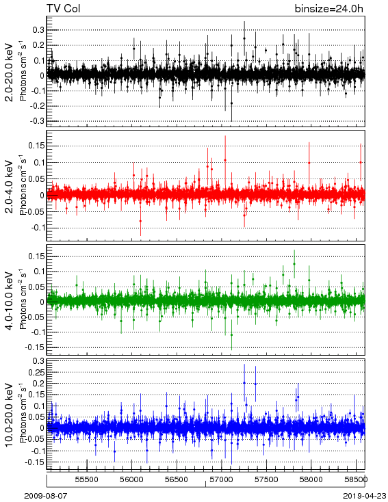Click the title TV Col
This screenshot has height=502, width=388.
[x=63, y=8]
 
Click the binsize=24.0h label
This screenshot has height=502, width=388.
[x=329, y=9]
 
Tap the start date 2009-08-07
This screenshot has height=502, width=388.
[x=45, y=496]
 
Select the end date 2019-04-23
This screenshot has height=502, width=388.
[x=365, y=496]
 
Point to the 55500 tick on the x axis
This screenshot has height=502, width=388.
[x=87, y=479]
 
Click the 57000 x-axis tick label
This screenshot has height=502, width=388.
[x=222, y=479]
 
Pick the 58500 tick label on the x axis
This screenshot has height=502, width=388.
[x=357, y=479]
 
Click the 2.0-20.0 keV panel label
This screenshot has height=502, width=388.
[x=10, y=72]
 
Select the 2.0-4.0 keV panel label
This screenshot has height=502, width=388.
[x=10, y=186]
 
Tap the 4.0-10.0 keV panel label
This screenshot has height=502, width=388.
[x=10, y=301]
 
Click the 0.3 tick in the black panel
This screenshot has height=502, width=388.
[x=38, y=30]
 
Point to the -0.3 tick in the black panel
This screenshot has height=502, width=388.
[x=37, y=121]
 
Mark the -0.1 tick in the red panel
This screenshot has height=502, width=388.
[x=37, y=228]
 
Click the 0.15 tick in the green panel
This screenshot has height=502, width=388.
[x=36, y=256]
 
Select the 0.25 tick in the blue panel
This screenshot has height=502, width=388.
[x=36, y=373]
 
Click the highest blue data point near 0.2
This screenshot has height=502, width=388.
[x=244, y=382]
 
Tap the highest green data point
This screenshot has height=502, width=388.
[x=294, y=264]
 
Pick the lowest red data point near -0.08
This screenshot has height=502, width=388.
[x=140, y=221]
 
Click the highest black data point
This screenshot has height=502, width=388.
[x=244, y=38]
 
